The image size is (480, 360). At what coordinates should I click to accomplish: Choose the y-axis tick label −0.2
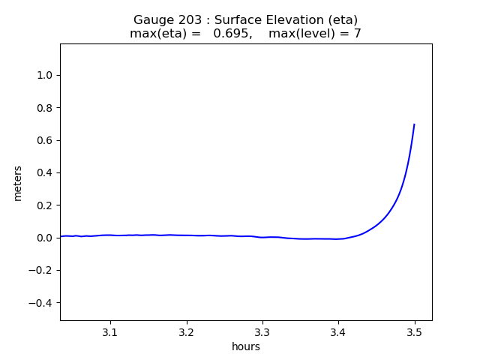coord(43,270)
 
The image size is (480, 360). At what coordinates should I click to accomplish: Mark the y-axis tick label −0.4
coord(43,303)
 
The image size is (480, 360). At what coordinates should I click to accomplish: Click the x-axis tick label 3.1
coord(110,331)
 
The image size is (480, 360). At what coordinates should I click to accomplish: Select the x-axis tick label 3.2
coord(187,331)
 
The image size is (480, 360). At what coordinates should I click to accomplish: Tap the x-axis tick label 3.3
coord(262,331)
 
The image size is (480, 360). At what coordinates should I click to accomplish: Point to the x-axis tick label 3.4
coord(338,331)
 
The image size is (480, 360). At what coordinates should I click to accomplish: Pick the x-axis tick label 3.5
coord(414,331)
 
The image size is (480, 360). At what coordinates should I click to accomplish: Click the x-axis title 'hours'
coord(246,346)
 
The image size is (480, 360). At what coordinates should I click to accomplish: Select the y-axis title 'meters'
coord(18,183)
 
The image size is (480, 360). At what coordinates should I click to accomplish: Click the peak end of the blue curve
coord(414,124)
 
